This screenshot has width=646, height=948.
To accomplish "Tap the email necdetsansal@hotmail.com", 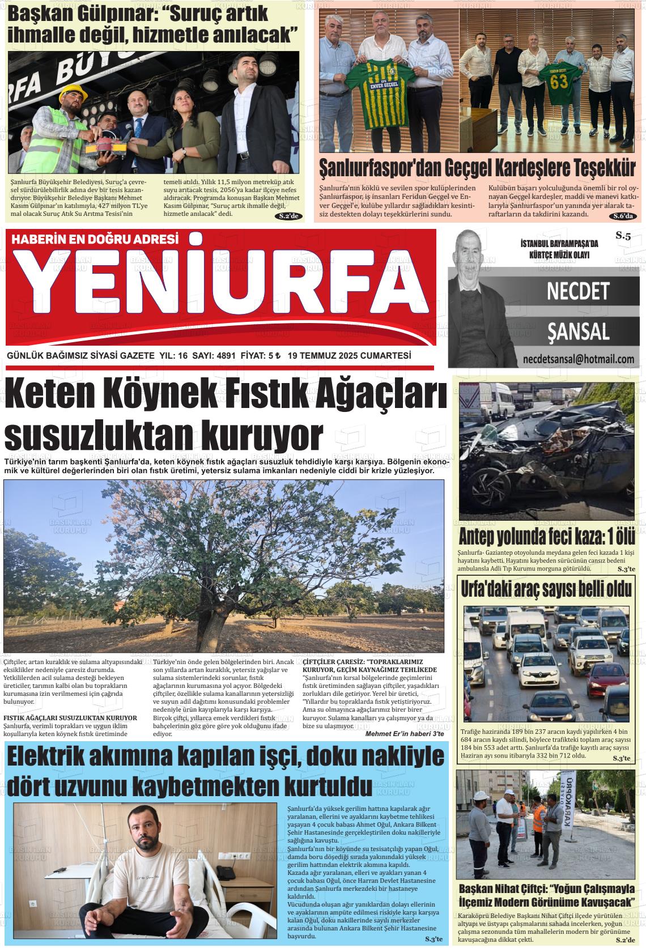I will tap(578, 359).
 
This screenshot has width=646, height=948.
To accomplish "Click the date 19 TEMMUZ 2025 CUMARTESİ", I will tap(349, 356).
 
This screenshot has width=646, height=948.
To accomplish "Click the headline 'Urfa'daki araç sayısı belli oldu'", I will tap(546, 589).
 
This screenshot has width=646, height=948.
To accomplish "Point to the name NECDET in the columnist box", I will tap(577, 292).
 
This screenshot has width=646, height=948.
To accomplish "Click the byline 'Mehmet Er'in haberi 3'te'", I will tap(405, 734).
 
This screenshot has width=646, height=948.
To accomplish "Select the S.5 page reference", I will tap(623, 236).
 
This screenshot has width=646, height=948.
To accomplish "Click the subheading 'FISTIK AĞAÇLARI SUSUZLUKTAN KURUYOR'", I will tap(70, 718).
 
